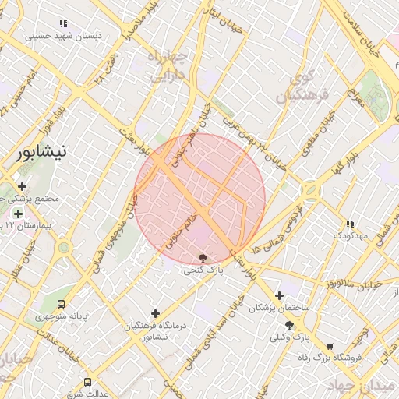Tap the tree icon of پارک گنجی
(203, 256)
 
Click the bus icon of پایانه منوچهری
(62, 305)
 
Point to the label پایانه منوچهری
(62, 318)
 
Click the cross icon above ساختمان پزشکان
(279, 295)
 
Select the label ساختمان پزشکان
(279, 308)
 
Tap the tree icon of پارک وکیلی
(289, 324)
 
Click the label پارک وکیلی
(289, 337)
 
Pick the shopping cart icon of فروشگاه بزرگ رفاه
(330, 346)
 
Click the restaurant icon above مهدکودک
(349, 223)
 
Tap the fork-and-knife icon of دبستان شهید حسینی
(62, 23)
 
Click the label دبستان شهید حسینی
(60, 35)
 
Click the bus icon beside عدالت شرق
(87, 382)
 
